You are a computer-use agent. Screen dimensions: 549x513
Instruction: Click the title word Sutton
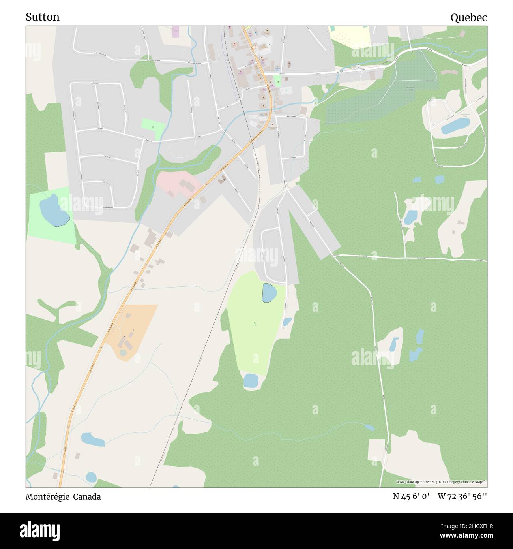click(43, 17)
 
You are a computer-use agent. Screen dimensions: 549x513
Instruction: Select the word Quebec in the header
click(469, 17)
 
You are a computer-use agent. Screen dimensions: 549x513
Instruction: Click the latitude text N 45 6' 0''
click(412, 496)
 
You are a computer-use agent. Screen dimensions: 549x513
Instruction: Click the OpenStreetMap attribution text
click(442, 482)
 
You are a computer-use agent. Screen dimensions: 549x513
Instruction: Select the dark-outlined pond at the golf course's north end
click(269, 292)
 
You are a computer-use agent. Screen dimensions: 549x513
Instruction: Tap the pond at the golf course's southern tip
click(251, 381)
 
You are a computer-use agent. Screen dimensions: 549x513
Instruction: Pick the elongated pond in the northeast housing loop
click(455, 126)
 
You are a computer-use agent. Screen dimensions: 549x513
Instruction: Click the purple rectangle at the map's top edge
click(176, 32)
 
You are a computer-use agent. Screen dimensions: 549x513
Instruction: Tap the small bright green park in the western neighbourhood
click(153, 126)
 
